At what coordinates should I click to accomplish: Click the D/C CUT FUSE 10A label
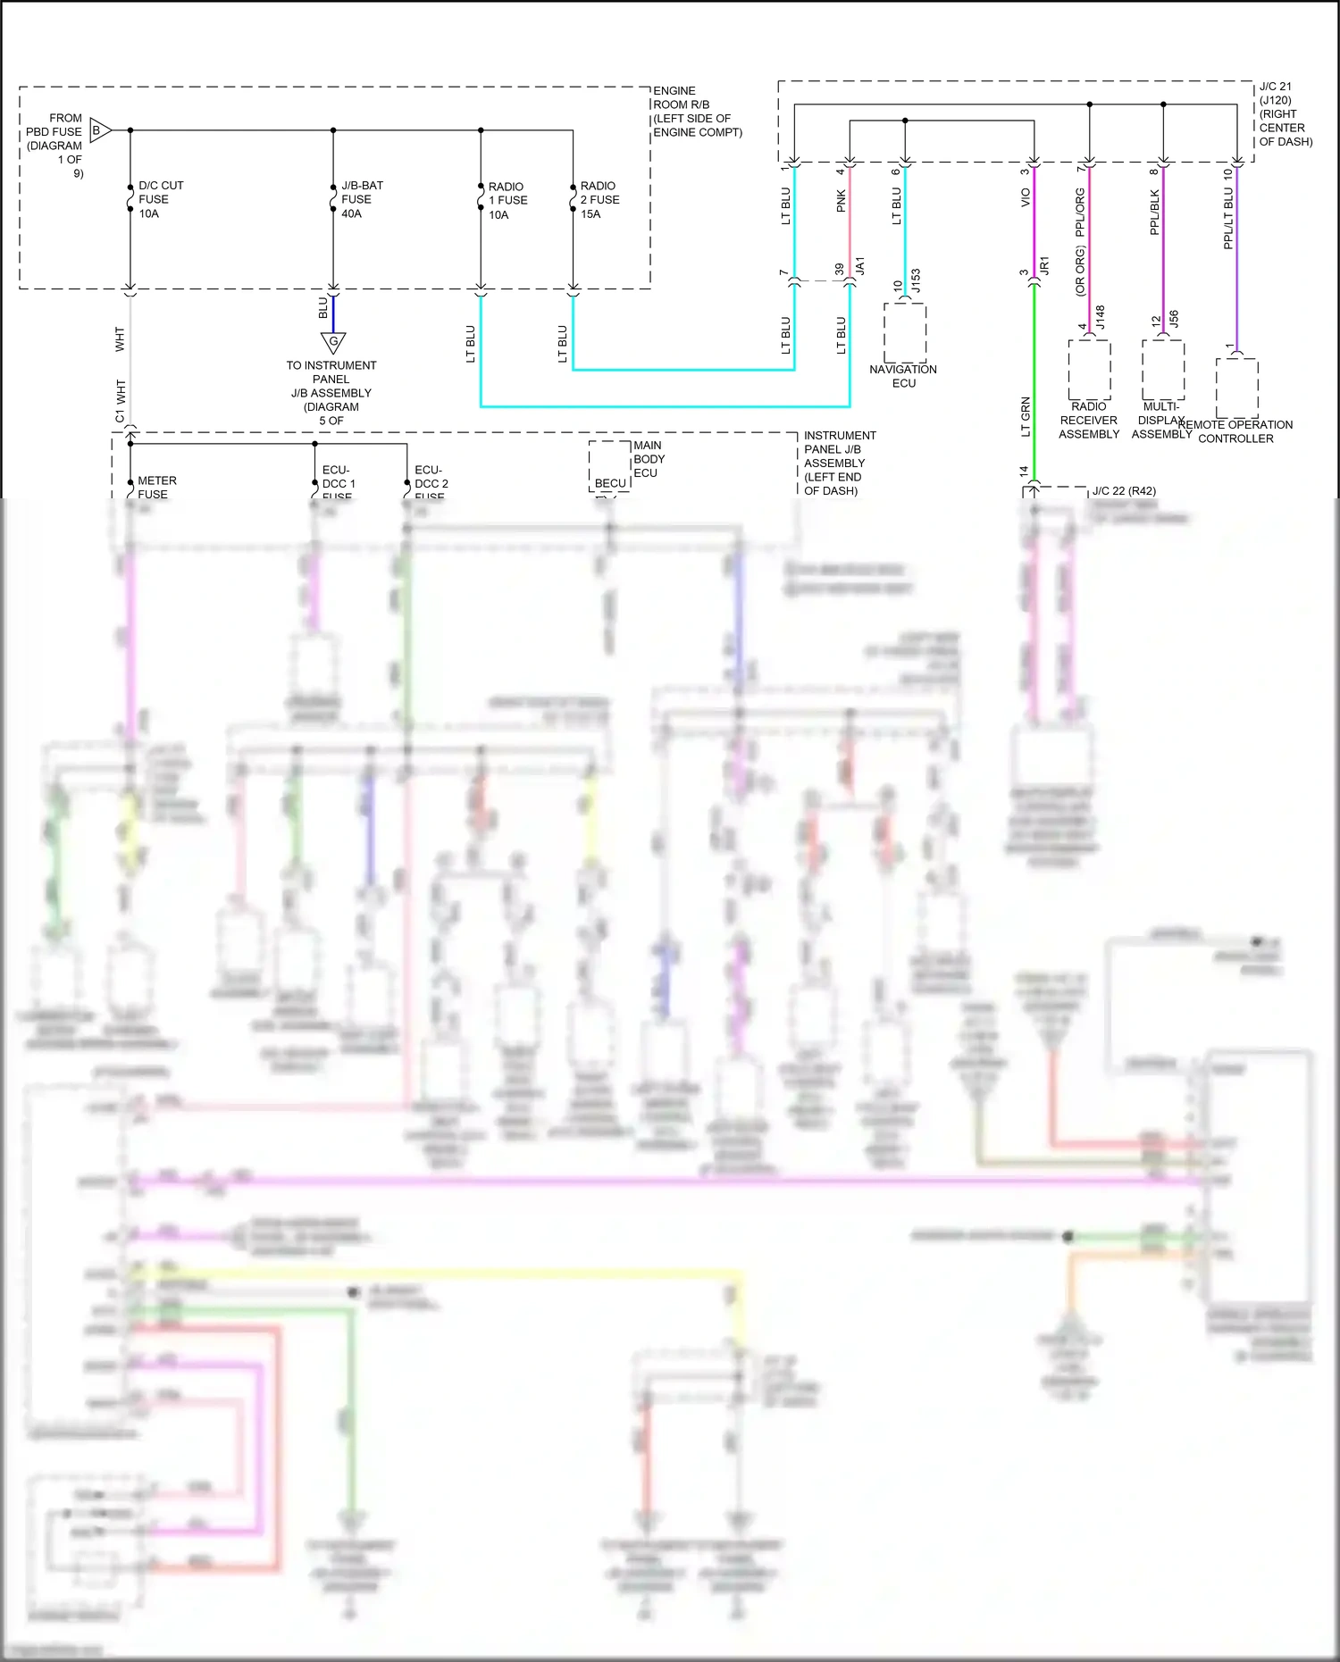[161, 199]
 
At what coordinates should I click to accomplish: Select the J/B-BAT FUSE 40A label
[362, 199]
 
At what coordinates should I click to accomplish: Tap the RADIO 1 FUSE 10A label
[507, 200]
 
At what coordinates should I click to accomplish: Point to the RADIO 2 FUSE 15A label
[599, 199]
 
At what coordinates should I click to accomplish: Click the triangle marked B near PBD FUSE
[100, 130]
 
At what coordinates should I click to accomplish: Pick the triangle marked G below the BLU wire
[333, 342]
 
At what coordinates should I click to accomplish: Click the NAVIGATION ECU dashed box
[905, 332]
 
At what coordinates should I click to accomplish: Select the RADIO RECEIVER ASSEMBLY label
[1089, 420]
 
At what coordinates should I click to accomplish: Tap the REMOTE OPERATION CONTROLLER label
[1236, 431]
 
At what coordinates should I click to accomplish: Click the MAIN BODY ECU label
[649, 459]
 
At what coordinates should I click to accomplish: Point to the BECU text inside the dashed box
[610, 483]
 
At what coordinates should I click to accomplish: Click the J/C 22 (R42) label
[1124, 491]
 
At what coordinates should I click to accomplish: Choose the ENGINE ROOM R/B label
[697, 112]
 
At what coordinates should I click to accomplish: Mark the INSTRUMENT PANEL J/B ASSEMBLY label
[839, 463]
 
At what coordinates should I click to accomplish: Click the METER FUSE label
[156, 488]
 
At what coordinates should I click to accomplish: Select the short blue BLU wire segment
[333, 312]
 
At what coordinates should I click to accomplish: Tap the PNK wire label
[841, 202]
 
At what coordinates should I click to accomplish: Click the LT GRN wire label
[1026, 417]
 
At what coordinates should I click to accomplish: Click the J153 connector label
[915, 280]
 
